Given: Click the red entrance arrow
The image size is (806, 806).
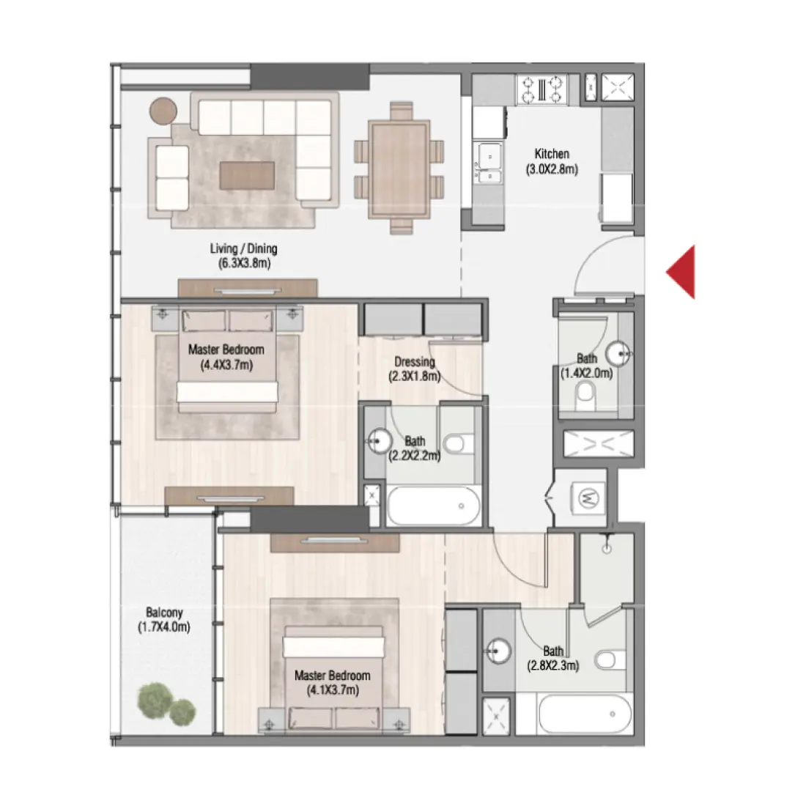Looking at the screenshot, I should coord(681,272).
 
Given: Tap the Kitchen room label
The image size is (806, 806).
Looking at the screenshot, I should coord(552,154).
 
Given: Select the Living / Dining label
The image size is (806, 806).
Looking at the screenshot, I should coord(244,249).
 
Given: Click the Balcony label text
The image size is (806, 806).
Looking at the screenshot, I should coord(164,613).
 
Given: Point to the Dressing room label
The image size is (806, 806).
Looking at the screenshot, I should coord(414,362).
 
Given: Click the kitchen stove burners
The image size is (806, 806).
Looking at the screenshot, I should coord(542,89).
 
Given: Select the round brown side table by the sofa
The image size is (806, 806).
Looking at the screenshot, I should coord(163,111).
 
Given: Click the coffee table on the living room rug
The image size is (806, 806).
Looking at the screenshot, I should coord(248,175).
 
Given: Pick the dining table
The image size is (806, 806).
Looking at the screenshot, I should coord(399,168).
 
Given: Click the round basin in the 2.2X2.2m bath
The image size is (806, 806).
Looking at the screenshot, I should coord(379,441).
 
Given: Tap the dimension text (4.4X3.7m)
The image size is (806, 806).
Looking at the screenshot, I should coord(226,364).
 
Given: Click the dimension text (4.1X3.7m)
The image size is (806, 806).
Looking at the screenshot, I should coord(333,689).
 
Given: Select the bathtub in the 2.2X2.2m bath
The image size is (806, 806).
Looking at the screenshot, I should coord(434,506).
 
